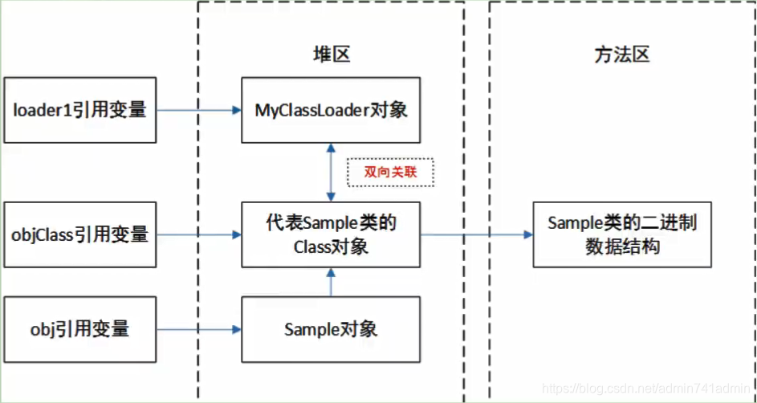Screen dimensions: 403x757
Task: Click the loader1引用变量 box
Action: coord(79,110)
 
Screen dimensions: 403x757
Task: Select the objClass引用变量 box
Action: coord(79,234)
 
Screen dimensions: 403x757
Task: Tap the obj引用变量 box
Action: coord(79,329)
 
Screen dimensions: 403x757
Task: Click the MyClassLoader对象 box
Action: coord(331,110)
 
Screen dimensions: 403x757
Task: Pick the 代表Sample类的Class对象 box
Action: coord(331,234)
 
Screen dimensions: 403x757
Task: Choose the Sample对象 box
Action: coord(331,329)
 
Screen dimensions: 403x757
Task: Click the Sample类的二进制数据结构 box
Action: coord(622,234)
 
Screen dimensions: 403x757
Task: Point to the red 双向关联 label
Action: coord(390,172)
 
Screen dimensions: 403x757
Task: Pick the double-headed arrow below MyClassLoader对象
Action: coord(331,173)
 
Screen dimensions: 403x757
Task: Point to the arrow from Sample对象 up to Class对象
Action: coord(331,282)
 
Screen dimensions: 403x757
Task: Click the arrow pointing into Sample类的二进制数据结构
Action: coord(477,234)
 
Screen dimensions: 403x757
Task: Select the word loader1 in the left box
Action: coord(39,110)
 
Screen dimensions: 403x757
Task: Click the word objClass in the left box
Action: coord(42,234)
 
